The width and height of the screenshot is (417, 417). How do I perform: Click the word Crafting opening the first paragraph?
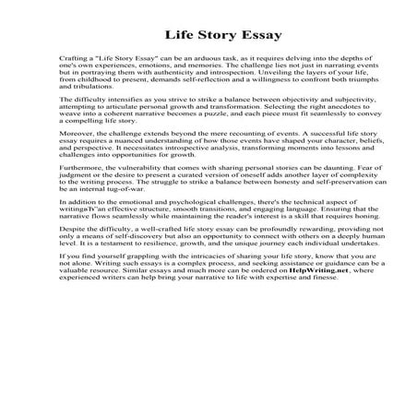[x=73, y=69]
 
